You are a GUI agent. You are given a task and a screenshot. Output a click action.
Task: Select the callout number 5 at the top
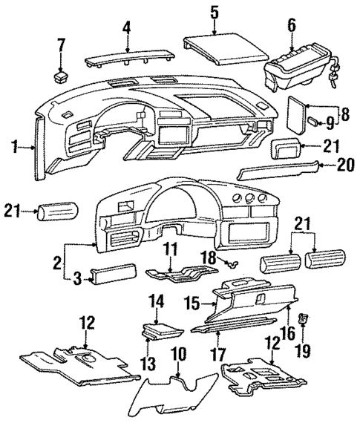pyautogui.click(x=214, y=12)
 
